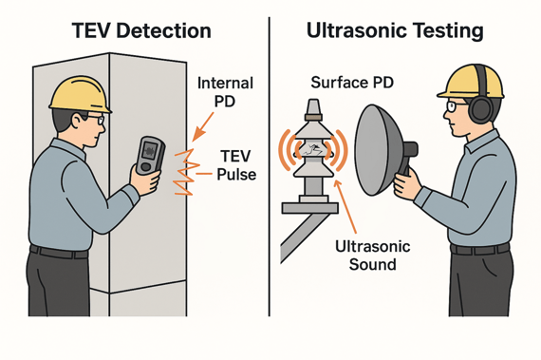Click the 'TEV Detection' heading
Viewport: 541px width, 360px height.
tap(141, 29)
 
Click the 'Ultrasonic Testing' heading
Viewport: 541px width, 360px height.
tap(395, 29)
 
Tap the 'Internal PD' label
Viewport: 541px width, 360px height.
tap(225, 93)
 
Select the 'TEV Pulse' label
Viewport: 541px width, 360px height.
tap(237, 165)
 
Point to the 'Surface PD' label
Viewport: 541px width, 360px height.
tap(352, 83)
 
